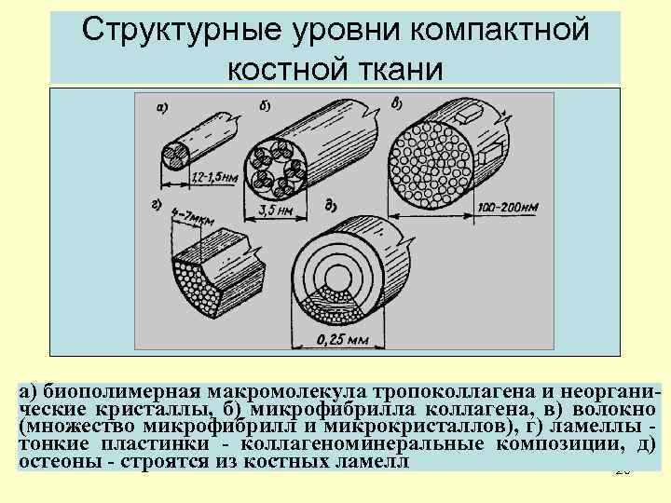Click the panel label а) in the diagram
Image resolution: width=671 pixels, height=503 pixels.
(x=161, y=107)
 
